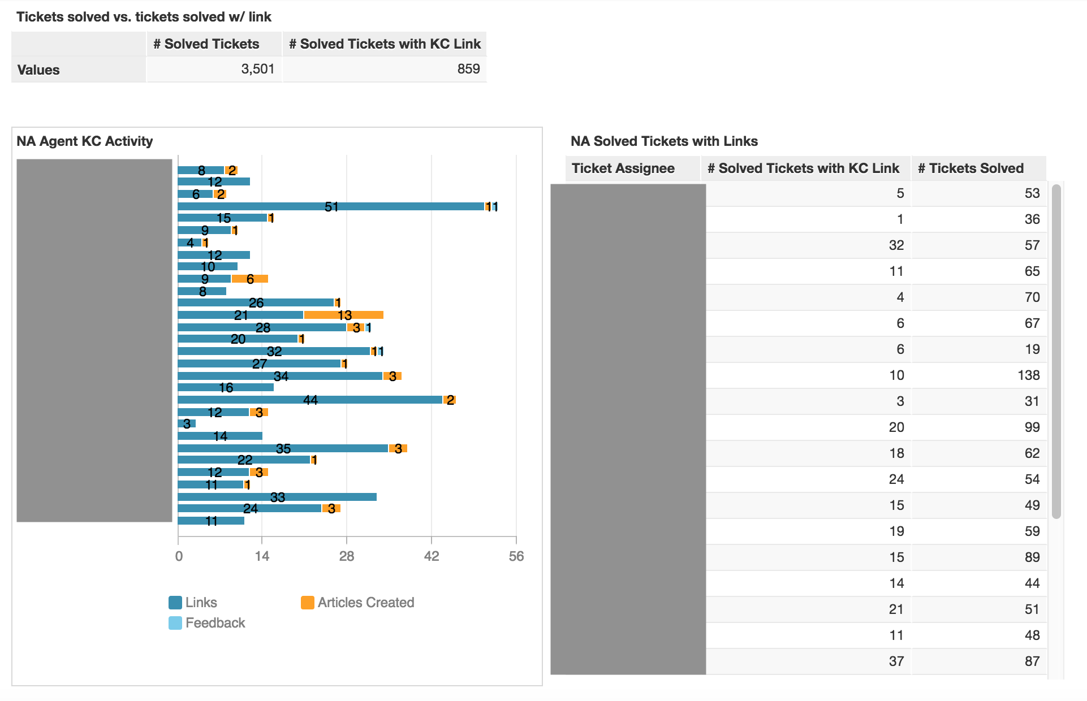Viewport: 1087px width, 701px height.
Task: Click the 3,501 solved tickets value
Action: click(x=257, y=69)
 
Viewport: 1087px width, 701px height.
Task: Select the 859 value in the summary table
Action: click(x=468, y=69)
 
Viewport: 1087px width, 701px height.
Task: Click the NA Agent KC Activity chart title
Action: click(x=85, y=141)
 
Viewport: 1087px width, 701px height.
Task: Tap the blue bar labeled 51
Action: click(x=331, y=206)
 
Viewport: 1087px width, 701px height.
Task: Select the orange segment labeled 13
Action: click(x=344, y=315)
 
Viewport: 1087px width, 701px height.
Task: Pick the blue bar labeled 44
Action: click(x=310, y=400)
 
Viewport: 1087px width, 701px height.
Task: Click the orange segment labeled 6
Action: click(x=250, y=279)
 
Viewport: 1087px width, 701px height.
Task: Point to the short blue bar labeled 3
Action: click(x=187, y=423)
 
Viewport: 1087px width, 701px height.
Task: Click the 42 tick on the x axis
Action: click(x=431, y=556)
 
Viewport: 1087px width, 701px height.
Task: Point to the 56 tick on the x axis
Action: click(x=516, y=556)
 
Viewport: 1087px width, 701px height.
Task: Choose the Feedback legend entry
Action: click(x=207, y=623)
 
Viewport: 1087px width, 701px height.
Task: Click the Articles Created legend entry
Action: click(x=357, y=603)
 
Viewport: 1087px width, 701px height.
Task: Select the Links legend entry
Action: click(x=193, y=603)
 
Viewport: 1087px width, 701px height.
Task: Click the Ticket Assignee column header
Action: click(x=623, y=168)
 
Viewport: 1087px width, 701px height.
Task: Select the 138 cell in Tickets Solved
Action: click(x=1028, y=375)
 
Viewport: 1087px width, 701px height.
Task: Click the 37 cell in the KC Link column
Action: click(x=896, y=661)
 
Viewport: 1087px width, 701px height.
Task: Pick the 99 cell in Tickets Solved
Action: click(x=1032, y=427)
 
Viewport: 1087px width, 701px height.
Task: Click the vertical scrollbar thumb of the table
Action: click(x=1056, y=350)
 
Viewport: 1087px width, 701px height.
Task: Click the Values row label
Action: click(x=38, y=70)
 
